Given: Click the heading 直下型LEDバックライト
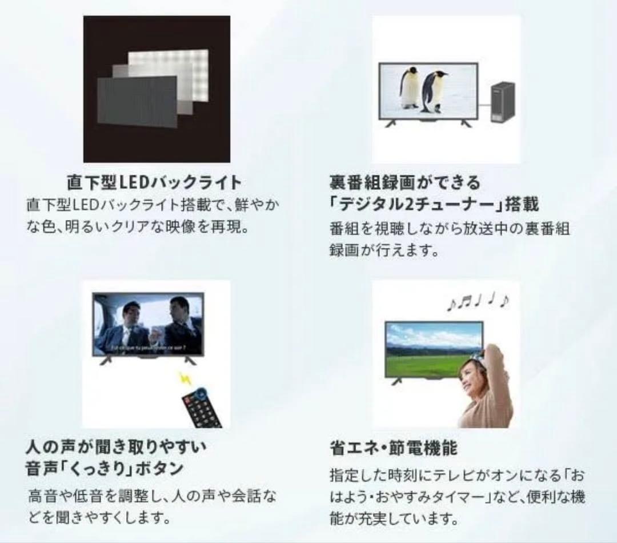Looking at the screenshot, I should coord(154,183).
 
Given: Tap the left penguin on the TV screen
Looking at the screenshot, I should coord(410,89).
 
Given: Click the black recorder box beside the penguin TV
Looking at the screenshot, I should coord(502,103).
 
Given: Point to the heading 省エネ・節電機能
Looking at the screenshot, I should coord(394,447).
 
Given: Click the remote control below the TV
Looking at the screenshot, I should coord(202,407).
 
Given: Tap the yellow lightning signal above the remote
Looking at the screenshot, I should coord(185,378).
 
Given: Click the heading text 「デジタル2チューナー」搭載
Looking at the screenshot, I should coord(434,204).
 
